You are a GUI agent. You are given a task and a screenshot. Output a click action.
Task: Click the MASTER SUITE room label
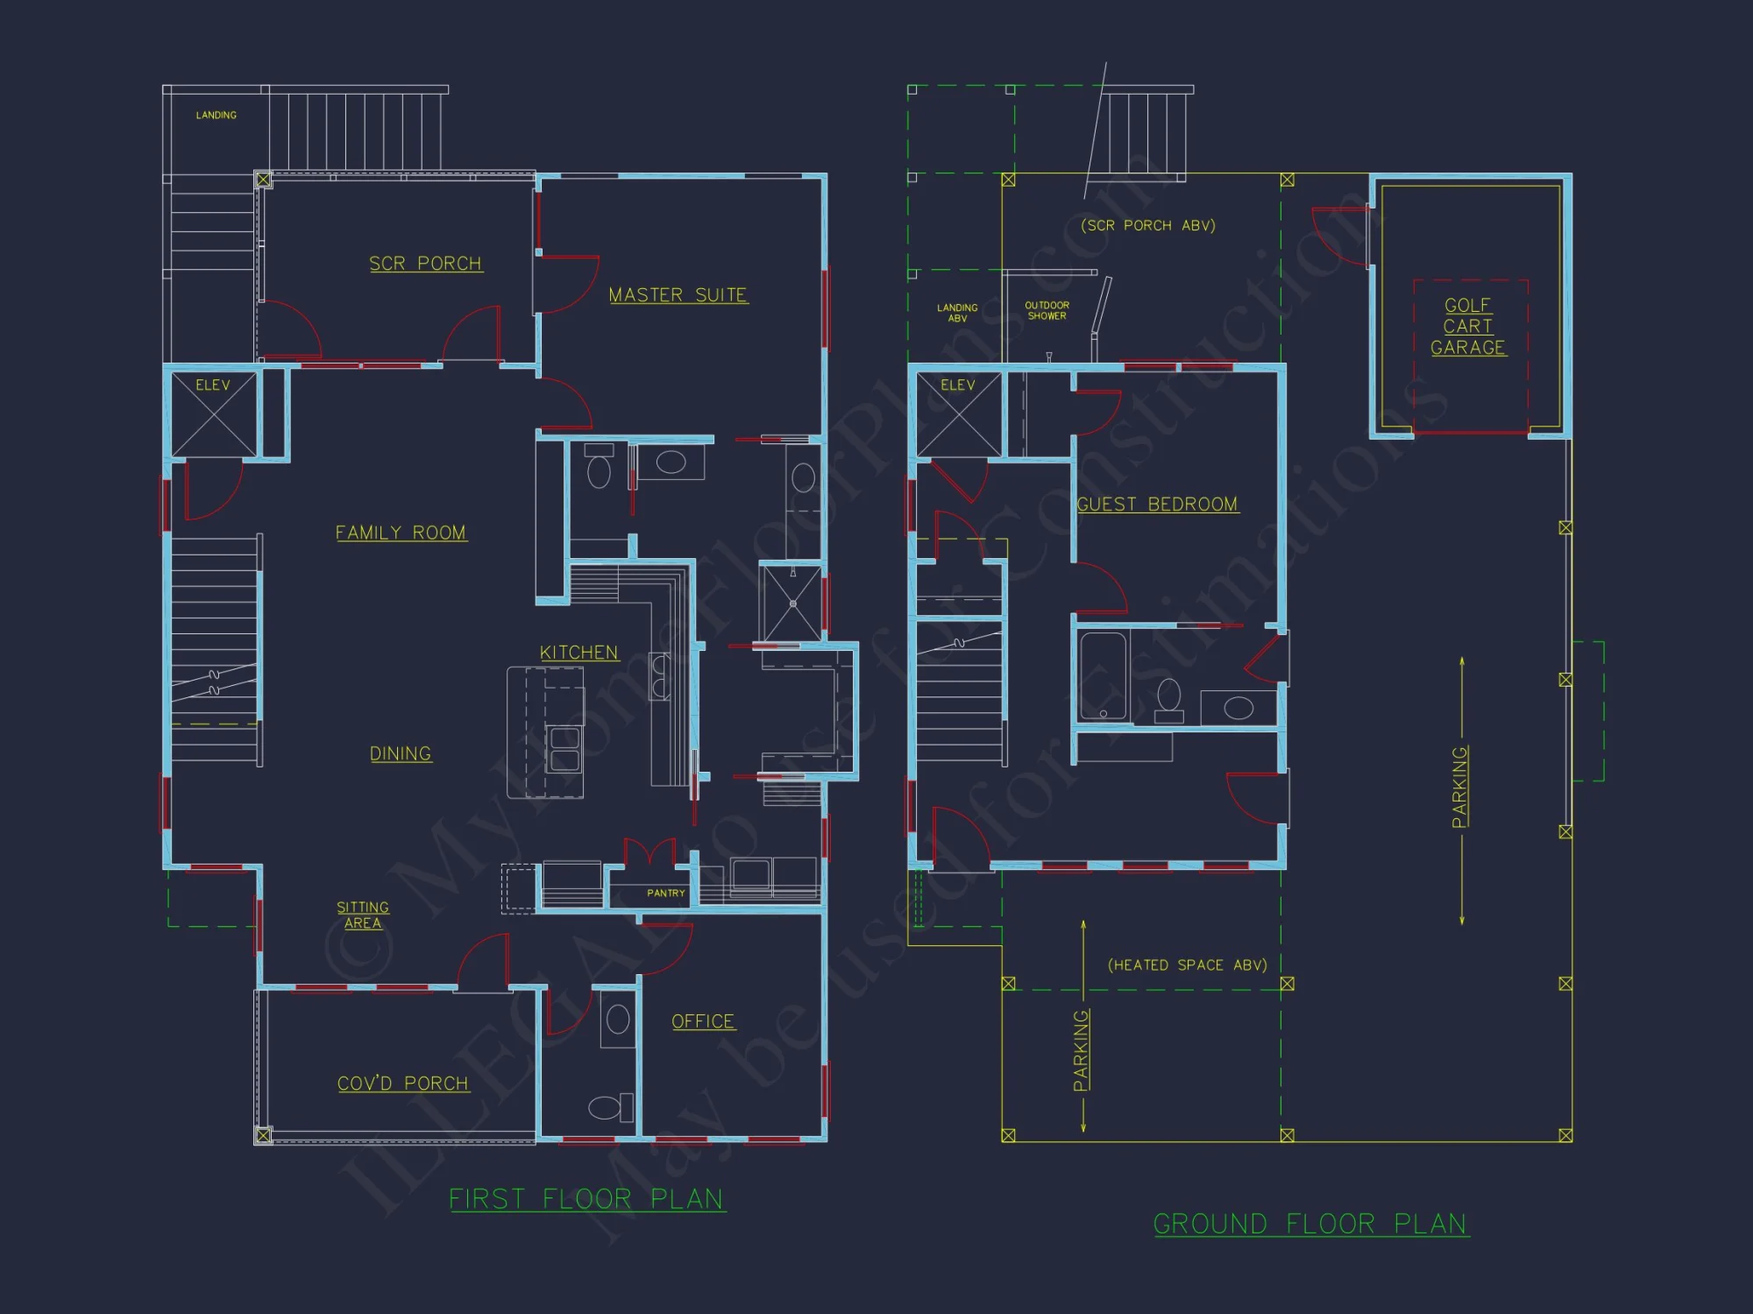pos(678,295)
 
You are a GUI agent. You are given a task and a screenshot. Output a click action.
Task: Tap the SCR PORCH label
pos(425,264)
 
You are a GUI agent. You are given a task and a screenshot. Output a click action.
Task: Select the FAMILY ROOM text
pos(401,533)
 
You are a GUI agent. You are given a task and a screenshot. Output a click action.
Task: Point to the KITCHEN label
pos(578,653)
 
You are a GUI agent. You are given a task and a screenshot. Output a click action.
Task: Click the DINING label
pos(401,754)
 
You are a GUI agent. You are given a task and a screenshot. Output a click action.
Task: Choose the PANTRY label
pos(665,894)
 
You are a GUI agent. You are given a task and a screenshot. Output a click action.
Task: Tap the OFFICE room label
pos(703,1021)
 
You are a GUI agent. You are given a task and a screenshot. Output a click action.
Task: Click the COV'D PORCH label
pos(403,1084)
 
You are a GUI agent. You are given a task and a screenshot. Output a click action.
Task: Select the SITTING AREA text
pos(363,915)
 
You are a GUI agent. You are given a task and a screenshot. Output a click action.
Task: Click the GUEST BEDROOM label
pos(1157,505)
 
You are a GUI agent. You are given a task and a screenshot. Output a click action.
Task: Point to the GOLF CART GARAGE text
pos(1468,327)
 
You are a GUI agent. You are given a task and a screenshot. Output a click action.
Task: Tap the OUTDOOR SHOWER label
pos(1047,311)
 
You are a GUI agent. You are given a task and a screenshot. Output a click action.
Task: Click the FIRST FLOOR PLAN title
pos(586,1199)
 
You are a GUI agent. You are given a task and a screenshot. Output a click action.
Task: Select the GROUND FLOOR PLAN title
pos(1310,1224)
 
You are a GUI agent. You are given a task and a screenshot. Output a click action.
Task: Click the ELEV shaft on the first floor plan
pos(214,413)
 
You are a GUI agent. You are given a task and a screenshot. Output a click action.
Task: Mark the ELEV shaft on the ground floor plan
pos(959,413)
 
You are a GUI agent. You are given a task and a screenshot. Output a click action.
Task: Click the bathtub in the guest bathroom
pos(1103,675)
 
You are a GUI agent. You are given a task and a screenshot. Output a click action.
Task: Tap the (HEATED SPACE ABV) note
pos(1187,965)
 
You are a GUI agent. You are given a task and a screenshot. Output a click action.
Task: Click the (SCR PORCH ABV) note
pos(1147,226)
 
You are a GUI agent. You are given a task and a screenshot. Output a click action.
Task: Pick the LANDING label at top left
pos(216,116)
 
